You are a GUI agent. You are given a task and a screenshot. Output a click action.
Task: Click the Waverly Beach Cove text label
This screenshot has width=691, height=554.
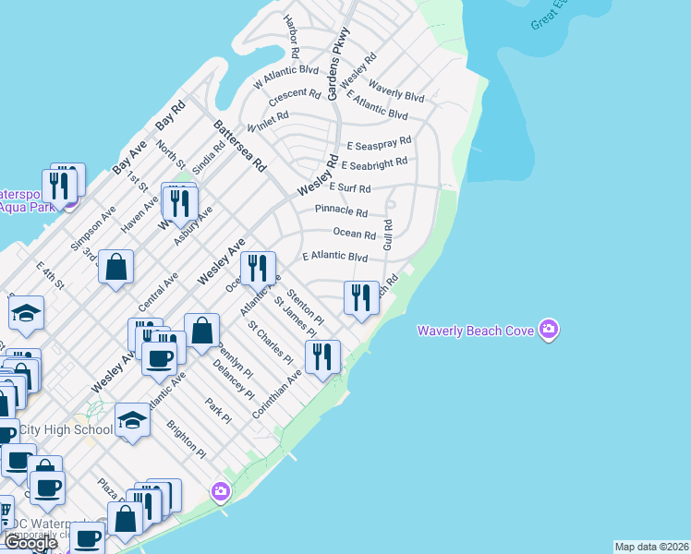pyautogui.click(x=475, y=331)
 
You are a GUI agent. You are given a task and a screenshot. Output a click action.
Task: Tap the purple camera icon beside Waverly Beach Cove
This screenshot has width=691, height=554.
pyautogui.click(x=549, y=330)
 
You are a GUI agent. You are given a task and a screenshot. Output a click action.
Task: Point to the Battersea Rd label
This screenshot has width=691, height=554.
pyautogui.click(x=239, y=146)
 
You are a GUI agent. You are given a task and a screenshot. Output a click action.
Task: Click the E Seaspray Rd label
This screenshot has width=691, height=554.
pyautogui.click(x=379, y=146)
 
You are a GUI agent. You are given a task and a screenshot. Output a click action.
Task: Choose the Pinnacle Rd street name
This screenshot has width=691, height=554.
pyautogui.click(x=342, y=211)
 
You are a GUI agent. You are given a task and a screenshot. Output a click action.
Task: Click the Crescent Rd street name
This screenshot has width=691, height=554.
pyautogui.click(x=295, y=95)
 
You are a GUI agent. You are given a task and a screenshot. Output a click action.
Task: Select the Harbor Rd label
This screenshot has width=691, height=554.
pyautogui.click(x=293, y=31)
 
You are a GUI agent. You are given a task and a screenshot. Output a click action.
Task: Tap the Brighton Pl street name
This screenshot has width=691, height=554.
pyautogui.click(x=186, y=439)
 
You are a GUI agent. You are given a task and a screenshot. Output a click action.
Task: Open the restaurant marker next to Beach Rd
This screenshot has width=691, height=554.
pyautogui.click(x=361, y=297)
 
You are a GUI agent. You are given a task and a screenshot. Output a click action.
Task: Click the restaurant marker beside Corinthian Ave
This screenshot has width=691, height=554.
pyautogui.click(x=322, y=356)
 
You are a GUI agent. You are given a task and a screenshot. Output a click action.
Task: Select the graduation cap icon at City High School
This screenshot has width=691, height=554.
pyautogui.click(x=133, y=421)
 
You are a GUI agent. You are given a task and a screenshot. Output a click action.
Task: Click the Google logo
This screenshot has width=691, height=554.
pyautogui.click(x=30, y=543)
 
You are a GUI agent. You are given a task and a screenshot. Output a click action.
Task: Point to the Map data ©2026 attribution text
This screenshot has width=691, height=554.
pyautogui.click(x=651, y=547)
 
